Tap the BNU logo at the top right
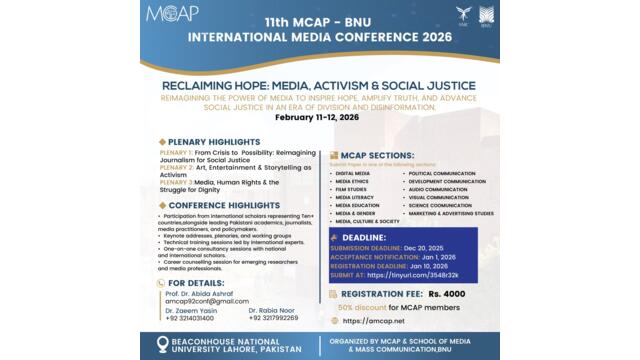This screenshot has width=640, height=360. pyautogui.click(x=485, y=16)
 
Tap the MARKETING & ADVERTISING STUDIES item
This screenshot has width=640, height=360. pyautogui.click(x=451, y=213)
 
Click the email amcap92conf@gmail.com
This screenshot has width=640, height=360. pyautogui.click(x=206, y=301)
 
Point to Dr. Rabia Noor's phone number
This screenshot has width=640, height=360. pyautogui.click(x=274, y=318)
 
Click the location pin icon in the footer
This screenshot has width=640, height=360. pyautogui.click(x=162, y=344)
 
